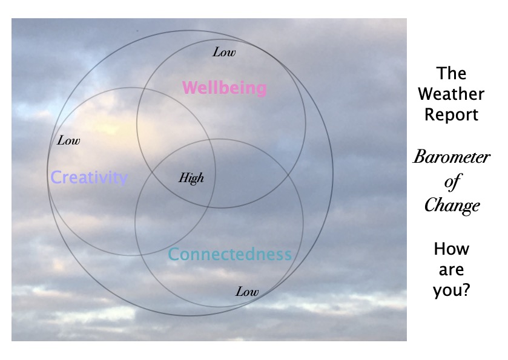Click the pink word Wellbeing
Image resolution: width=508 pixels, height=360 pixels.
(224, 88)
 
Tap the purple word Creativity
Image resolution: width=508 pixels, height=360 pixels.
(89, 178)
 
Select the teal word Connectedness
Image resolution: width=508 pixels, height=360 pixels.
(229, 254)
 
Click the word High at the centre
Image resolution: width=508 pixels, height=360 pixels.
(191, 178)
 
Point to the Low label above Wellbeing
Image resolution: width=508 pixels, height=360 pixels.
(224, 52)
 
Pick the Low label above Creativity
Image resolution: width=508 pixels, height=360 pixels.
(68, 141)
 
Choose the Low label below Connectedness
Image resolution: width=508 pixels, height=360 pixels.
(247, 292)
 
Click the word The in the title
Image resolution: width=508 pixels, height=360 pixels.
(452, 74)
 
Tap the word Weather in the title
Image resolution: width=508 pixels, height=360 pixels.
(452, 94)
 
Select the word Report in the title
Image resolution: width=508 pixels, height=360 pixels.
(452, 114)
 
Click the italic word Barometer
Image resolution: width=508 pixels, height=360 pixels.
(452, 158)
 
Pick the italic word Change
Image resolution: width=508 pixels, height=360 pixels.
(452, 205)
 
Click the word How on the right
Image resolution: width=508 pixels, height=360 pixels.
(452, 249)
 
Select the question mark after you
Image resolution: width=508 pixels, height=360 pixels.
(467, 290)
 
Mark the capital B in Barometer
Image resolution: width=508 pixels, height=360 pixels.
(420, 158)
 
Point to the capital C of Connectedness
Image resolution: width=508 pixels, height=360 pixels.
(173, 255)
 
